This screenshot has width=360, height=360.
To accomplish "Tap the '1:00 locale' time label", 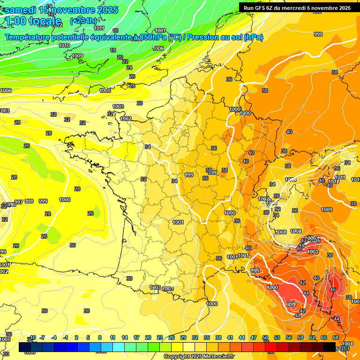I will [x=34, y=21].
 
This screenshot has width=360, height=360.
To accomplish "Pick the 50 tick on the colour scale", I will [x=265, y=337].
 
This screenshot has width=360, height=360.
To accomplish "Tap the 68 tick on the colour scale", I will [x=336, y=337].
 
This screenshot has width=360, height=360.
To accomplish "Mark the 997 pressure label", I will [x=19, y=202].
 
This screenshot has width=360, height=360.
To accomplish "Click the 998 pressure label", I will [x=29, y=201].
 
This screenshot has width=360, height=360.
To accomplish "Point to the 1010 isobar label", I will [x=64, y=45].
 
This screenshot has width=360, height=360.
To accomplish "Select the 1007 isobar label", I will [x=160, y=30].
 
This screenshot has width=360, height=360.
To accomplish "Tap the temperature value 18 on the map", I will [x=113, y=50].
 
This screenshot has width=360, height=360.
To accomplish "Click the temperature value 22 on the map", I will [x=125, y=61].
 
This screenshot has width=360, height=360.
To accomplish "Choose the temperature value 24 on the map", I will [x=129, y=68].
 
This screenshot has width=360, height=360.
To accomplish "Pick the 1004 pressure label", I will [x=347, y=344].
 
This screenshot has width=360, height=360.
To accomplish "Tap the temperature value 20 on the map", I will [x=120, y=57].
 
